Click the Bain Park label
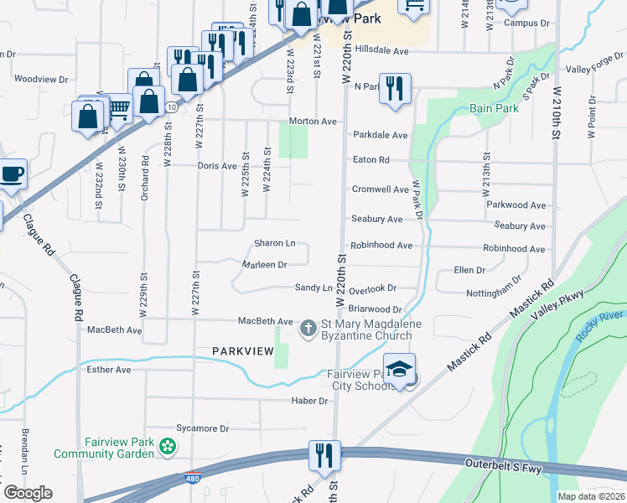tap(493, 108)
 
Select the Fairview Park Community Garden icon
tap(168, 447)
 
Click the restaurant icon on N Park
tap(395, 87)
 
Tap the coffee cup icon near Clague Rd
tap(11, 174)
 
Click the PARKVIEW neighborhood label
tap(243, 350)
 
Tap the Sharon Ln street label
tap(275, 243)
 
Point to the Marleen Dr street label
tap(264, 264)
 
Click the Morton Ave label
tap(313, 122)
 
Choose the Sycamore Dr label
tap(201, 428)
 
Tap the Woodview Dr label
tap(41, 79)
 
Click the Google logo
tap(27, 492)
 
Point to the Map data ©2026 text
tap(591, 496)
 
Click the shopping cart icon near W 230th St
tap(119, 106)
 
